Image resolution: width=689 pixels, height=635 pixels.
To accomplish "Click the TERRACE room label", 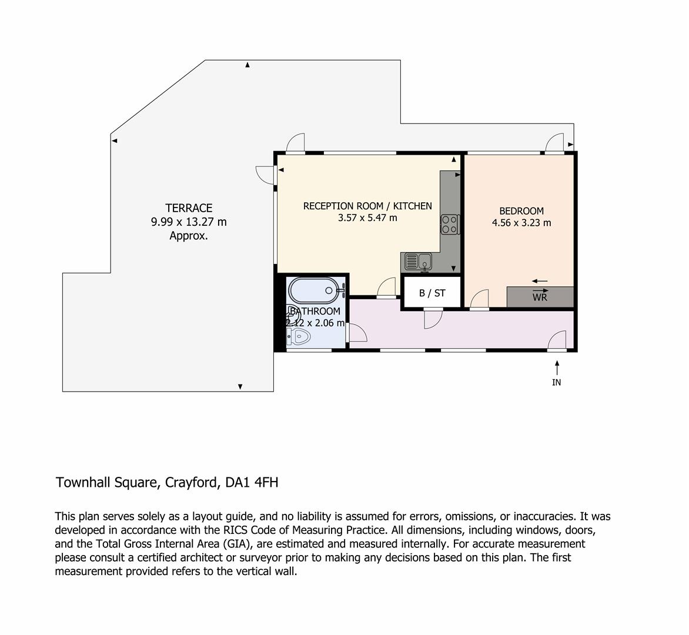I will click(189, 208).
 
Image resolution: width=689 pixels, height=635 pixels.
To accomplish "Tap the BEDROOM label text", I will click(521, 211).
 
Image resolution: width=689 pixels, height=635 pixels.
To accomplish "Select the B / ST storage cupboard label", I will click(432, 293).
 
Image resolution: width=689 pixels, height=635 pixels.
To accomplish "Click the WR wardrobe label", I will click(540, 298).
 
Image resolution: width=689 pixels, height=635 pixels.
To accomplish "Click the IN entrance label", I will click(556, 383).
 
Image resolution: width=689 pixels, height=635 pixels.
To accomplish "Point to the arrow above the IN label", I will click(556, 368).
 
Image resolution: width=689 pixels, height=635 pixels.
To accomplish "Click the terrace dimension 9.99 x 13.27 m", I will click(189, 222).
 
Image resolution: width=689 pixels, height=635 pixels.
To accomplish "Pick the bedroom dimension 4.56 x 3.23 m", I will click(521, 223).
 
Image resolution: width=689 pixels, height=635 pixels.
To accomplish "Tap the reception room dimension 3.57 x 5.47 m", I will click(367, 218).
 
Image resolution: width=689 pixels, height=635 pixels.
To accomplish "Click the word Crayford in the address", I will click(192, 483).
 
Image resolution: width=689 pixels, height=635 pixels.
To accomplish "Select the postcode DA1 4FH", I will click(252, 483).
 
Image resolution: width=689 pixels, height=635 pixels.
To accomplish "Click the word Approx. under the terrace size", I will click(189, 236).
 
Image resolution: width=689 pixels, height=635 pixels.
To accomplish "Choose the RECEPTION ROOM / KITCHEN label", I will click(367, 206).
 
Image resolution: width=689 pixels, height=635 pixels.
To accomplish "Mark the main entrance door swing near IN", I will click(557, 340).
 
